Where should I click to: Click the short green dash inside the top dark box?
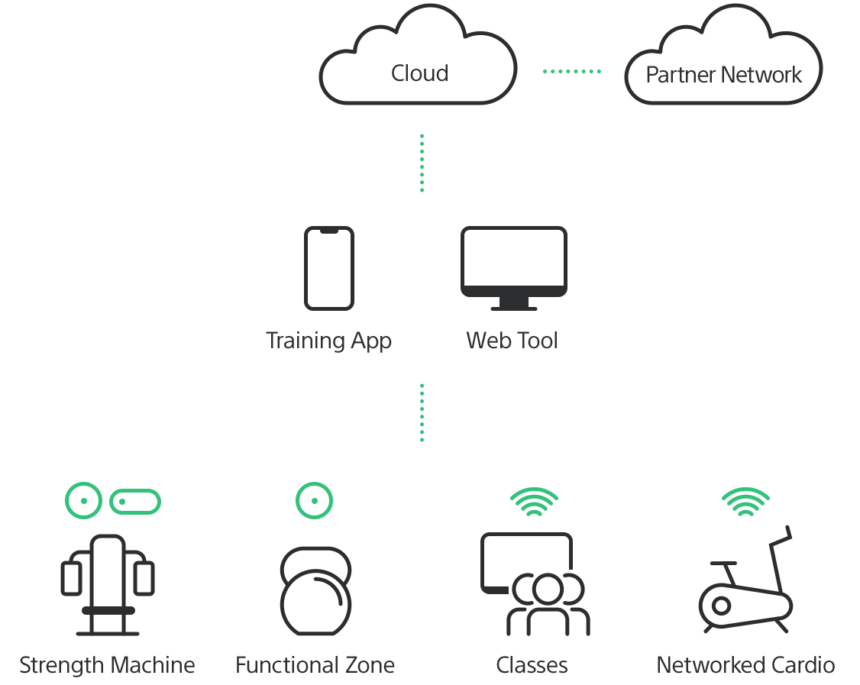(x=571, y=71)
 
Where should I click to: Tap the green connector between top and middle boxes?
(x=422, y=163)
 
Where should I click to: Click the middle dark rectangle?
(x=415, y=288)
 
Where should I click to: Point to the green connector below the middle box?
(x=422, y=412)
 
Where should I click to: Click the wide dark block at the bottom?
(x=427, y=600)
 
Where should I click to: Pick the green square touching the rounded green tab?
(x=82, y=500)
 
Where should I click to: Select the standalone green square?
(x=314, y=500)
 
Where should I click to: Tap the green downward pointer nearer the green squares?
(x=534, y=498)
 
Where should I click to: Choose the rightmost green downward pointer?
(x=745, y=498)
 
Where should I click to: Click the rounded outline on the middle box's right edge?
(x=565, y=260)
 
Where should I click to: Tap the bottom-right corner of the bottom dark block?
(x=833, y=676)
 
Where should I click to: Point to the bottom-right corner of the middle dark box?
(x=561, y=351)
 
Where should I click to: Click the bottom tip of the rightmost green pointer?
(x=745, y=516)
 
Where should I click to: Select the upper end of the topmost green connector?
(x=422, y=134)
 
